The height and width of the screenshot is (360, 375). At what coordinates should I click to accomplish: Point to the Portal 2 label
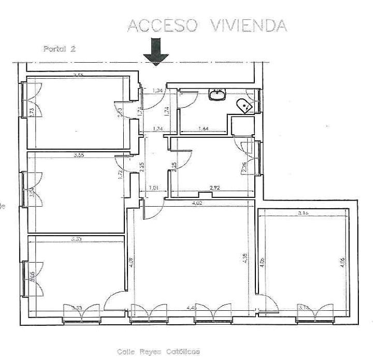pyautogui.click(x=60, y=49)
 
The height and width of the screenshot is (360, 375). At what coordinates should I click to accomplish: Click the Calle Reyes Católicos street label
pyautogui.click(x=158, y=352)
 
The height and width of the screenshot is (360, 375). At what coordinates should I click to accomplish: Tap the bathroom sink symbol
pyautogui.click(x=218, y=94)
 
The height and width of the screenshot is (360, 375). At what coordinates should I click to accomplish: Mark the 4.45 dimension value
pyautogui.click(x=191, y=308)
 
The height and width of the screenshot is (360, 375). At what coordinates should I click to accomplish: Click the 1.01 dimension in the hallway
pyautogui.click(x=153, y=188)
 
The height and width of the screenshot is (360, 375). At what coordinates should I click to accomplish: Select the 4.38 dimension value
pyautogui.click(x=244, y=258)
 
